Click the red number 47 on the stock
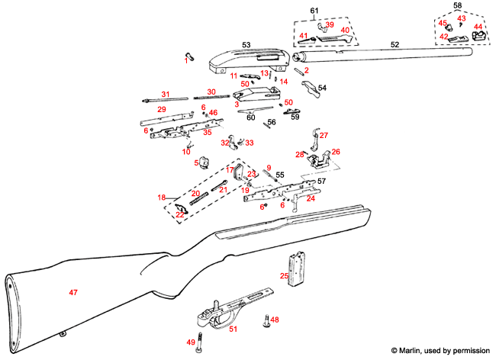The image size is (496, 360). tap(73, 292)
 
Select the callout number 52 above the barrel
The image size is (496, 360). tap(395, 46)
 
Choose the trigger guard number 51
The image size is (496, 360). tap(234, 329)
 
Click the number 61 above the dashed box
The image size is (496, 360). tap(313, 9)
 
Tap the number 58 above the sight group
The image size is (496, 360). tap(458, 5)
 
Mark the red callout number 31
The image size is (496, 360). tap(164, 94)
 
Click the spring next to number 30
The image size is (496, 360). tap(211, 98)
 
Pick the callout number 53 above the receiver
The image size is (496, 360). tap(246, 46)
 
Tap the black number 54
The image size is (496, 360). tap(321, 88)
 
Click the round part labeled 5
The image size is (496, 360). tap(204, 162)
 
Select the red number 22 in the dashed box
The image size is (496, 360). tap(180, 214)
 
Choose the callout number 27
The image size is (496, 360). tap(323, 135)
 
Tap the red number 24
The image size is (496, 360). tap(311, 198)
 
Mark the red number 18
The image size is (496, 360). tap(161, 198)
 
